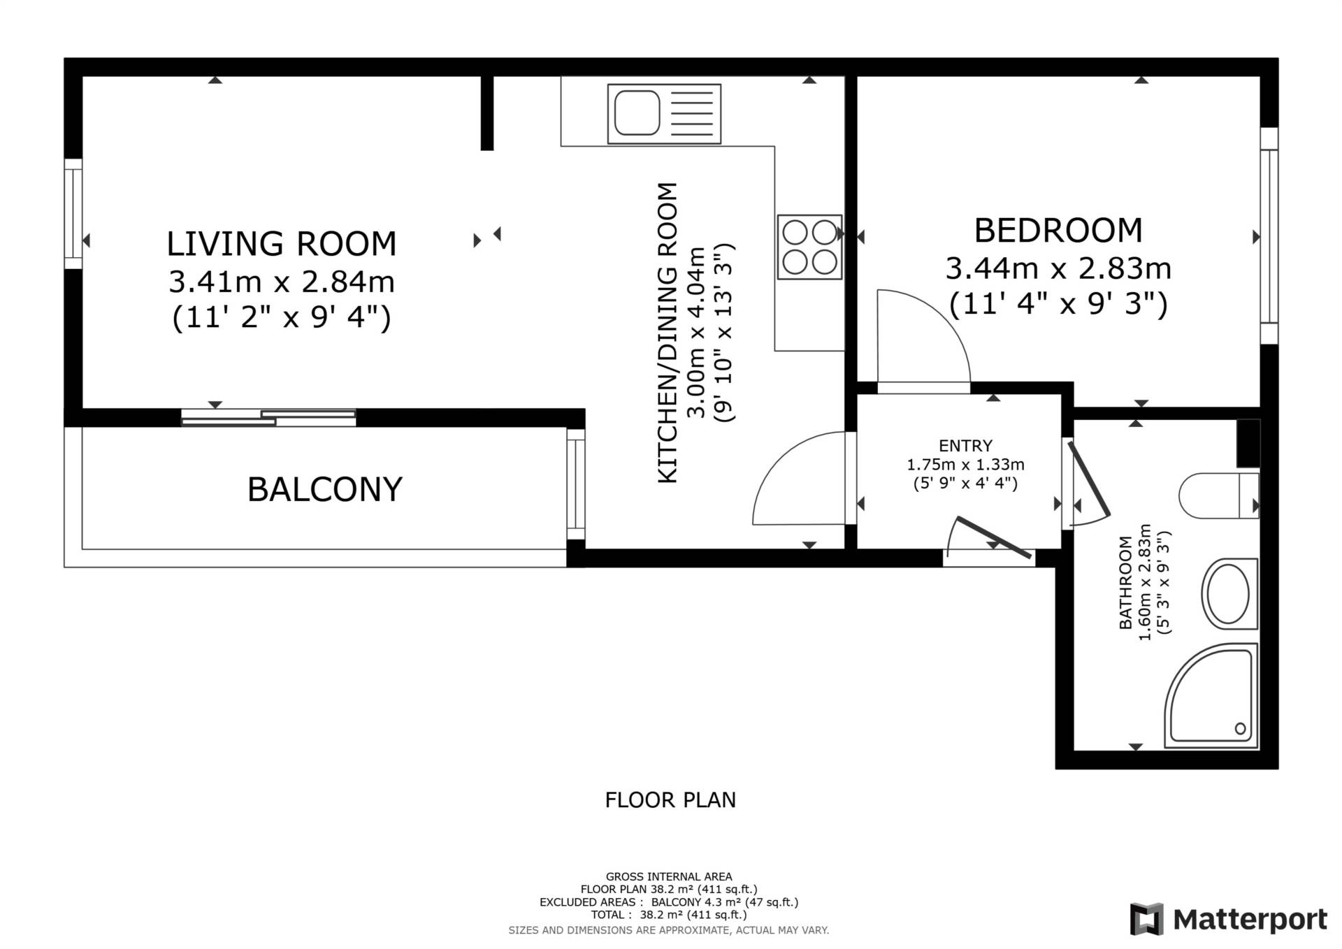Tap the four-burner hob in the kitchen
809,247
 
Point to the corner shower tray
1211,696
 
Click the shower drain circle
1240,729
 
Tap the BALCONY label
325,489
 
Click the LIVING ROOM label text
282,244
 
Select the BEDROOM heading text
1058,231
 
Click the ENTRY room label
965,446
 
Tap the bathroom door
1088,481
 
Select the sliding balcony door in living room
268,417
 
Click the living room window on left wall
73,214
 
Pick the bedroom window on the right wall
1269,236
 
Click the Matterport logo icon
1146,919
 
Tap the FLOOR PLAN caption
670,800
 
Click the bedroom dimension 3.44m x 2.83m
1058,268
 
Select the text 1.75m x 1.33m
965,465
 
